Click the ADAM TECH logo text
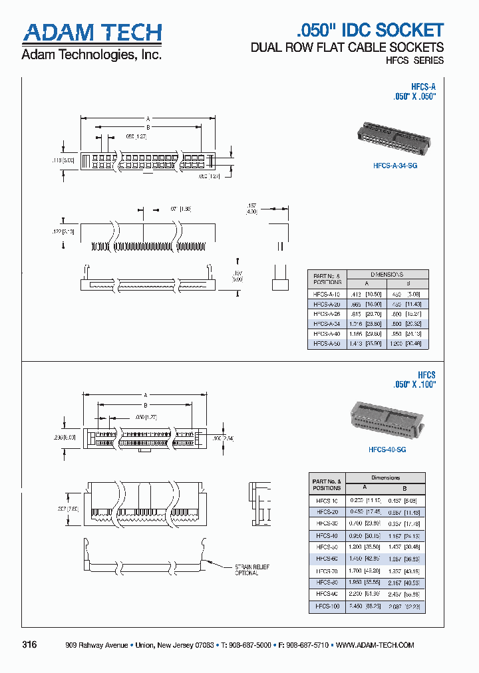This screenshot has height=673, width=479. (x=92, y=33)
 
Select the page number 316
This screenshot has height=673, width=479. (x=29, y=645)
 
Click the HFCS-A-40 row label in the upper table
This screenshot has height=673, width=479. (x=326, y=334)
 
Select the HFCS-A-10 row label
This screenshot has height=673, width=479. (x=326, y=293)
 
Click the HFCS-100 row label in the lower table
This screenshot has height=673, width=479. (x=327, y=606)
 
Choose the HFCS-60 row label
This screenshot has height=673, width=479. (x=327, y=559)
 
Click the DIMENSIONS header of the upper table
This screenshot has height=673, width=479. (x=387, y=274)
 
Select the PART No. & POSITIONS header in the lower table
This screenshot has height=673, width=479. (x=326, y=484)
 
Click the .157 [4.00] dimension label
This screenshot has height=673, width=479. (x=251, y=209)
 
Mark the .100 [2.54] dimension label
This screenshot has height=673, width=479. (x=222, y=438)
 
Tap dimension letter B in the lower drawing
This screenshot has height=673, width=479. (x=145, y=404)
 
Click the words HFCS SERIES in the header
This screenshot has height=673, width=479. (x=414, y=61)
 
